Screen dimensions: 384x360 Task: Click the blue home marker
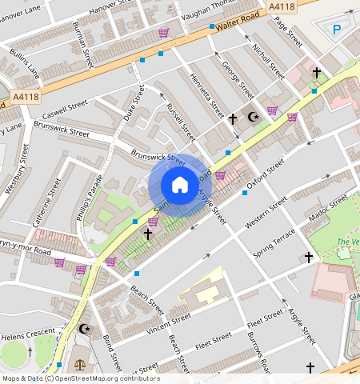(x=180, y=186)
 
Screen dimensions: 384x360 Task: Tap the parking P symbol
(x=337, y=30)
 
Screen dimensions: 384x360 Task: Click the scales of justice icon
(x=79, y=364)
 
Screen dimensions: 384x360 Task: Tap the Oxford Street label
(x=265, y=170)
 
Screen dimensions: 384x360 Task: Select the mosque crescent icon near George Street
(x=255, y=117)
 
